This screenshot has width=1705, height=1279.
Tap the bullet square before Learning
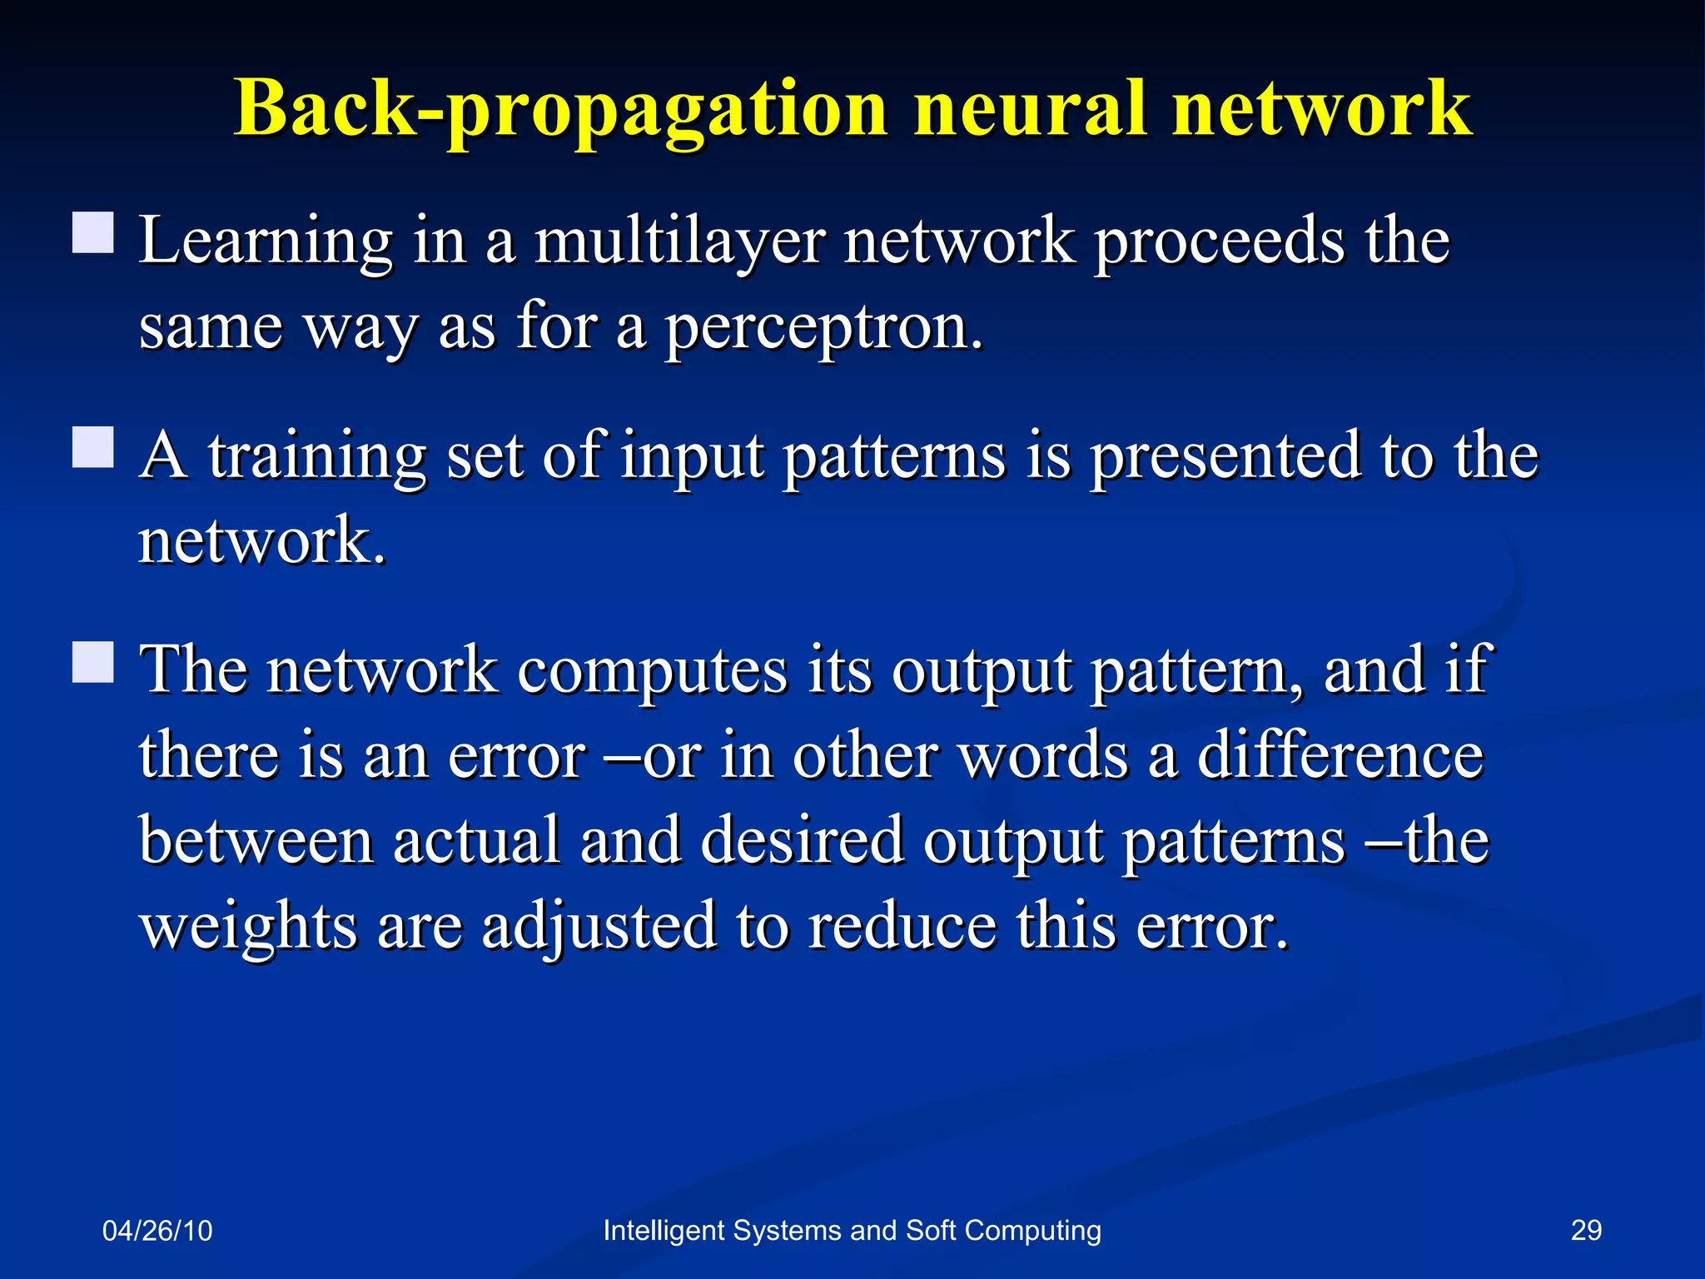pos(92,232)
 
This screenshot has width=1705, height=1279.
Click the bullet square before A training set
pos(92,447)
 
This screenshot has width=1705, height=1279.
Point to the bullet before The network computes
pos(92,662)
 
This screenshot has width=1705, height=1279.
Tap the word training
pos(317,457)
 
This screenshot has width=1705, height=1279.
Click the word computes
pos(652,670)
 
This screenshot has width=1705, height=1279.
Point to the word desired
pos(802,841)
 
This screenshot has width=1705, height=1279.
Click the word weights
pos(248,928)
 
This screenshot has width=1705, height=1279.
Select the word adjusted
pos(599,928)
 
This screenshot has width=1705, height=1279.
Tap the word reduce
pos(902,926)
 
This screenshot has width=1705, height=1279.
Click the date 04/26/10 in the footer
pos(157,1231)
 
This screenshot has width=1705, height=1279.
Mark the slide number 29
pos(1586,1230)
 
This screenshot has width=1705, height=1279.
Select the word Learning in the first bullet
pos(265,241)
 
